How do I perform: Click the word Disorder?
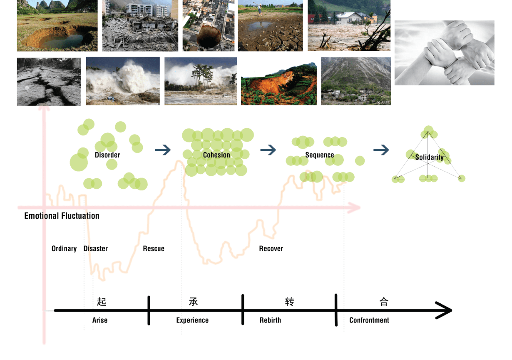pos(107,155)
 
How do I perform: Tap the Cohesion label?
pos(216,155)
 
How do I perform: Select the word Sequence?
pos(320,155)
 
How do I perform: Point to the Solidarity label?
pos(429,157)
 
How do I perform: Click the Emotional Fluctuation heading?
pos(62,216)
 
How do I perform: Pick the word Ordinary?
pos(64,249)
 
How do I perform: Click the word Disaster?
pos(95,249)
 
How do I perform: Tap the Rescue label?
pos(154,249)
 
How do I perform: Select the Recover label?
pos(271,249)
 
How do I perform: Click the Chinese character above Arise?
pos(102,302)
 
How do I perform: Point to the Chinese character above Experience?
pos(193,302)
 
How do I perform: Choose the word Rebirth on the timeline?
pos(270,320)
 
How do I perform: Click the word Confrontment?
pos(369,320)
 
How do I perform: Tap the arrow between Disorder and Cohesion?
pos(163,150)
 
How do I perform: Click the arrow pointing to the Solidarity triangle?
pos(381,150)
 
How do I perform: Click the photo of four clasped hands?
pos(444,53)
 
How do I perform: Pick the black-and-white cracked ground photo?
pos(49,82)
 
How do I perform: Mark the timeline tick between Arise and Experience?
pos(149,310)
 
